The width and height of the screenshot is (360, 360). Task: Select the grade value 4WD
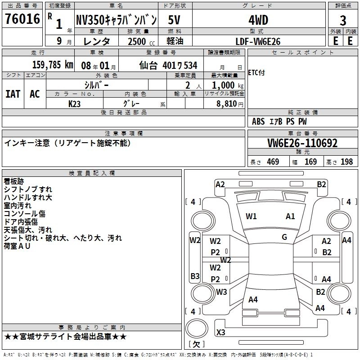tap(258, 20)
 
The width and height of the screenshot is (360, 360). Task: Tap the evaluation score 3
tap(343, 20)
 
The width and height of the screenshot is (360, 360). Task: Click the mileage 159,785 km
tap(53, 65)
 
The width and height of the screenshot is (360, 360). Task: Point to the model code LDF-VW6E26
tap(258, 41)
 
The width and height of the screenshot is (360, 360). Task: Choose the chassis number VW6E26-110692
tap(302, 143)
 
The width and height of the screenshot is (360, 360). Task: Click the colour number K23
tap(75, 103)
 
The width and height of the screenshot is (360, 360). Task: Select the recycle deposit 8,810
tap(225, 103)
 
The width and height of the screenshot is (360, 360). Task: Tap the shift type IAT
tap(13, 94)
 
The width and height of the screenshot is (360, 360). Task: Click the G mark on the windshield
tap(284, 237)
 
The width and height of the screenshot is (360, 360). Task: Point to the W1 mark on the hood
tap(251, 216)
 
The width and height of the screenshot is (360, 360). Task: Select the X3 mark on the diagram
tap(221, 333)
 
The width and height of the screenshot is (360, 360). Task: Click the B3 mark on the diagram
tap(195, 276)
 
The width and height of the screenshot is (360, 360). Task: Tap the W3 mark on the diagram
tap(221, 292)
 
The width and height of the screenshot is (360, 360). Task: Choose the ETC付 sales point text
tap(256, 73)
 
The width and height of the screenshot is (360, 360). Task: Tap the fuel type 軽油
tap(174, 41)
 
